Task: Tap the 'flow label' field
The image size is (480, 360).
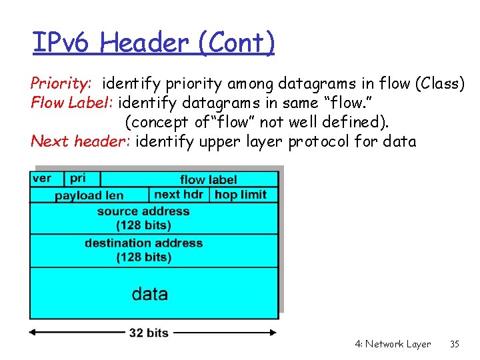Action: [x=208, y=179]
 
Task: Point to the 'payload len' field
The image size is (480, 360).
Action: [x=89, y=195]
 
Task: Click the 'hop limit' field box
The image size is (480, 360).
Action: [x=241, y=195]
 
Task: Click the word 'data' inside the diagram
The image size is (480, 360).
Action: [x=150, y=293]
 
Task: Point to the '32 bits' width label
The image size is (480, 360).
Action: [x=149, y=333]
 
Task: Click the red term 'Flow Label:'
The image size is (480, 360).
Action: [x=73, y=103]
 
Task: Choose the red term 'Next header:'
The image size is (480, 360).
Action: [x=81, y=141]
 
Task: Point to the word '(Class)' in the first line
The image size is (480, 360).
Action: [x=439, y=84]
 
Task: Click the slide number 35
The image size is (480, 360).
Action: [x=455, y=344]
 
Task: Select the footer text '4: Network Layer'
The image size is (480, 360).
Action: [x=393, y=344]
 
